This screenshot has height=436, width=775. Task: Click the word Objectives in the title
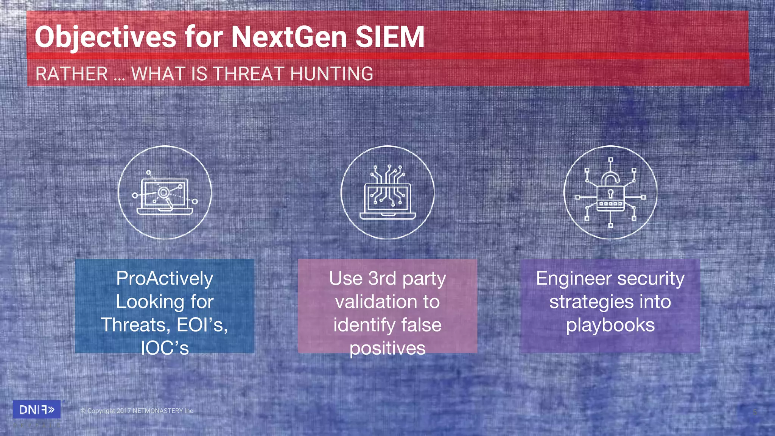(105, 37)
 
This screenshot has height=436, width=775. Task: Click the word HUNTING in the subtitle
(331, 73)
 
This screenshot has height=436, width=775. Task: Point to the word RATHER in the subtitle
(72, 73)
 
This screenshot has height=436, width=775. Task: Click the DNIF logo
(37, 410)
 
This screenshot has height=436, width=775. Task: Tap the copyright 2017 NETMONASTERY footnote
(137, 411)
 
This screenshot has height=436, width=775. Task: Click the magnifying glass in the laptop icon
(164, 193)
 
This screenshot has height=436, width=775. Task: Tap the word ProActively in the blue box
(165, 278)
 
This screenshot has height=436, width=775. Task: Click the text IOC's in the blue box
(165, 348)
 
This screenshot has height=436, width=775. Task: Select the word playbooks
(610, 325)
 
